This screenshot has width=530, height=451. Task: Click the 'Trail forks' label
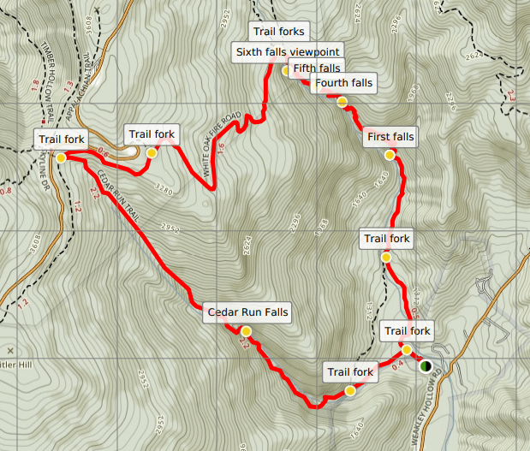point(278,33)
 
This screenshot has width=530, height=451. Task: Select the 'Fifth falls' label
point(316,68)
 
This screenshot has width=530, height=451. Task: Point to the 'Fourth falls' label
point(343,83)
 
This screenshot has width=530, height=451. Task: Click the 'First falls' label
point(390,136)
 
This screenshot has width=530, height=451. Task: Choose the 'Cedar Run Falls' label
point(248,312)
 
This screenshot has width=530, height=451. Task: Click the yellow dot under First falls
point(390,156)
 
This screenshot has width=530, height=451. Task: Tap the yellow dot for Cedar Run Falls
point(247,331)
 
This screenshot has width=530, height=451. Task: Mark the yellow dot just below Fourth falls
point(342,102)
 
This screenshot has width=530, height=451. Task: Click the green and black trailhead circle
point(426,366)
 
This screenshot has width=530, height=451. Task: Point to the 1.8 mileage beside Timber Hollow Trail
point(35,85)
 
